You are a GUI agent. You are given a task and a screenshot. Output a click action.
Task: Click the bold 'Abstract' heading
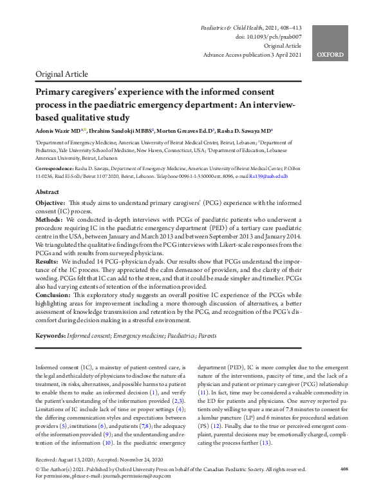[47, 192]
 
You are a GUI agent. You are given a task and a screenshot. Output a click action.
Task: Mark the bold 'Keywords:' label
[50, 336]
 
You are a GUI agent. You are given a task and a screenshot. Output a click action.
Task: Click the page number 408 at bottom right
[344, 487]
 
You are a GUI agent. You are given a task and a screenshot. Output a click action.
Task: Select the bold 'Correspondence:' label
[56, 167]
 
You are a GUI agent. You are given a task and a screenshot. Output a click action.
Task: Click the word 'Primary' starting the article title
[54, 92]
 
